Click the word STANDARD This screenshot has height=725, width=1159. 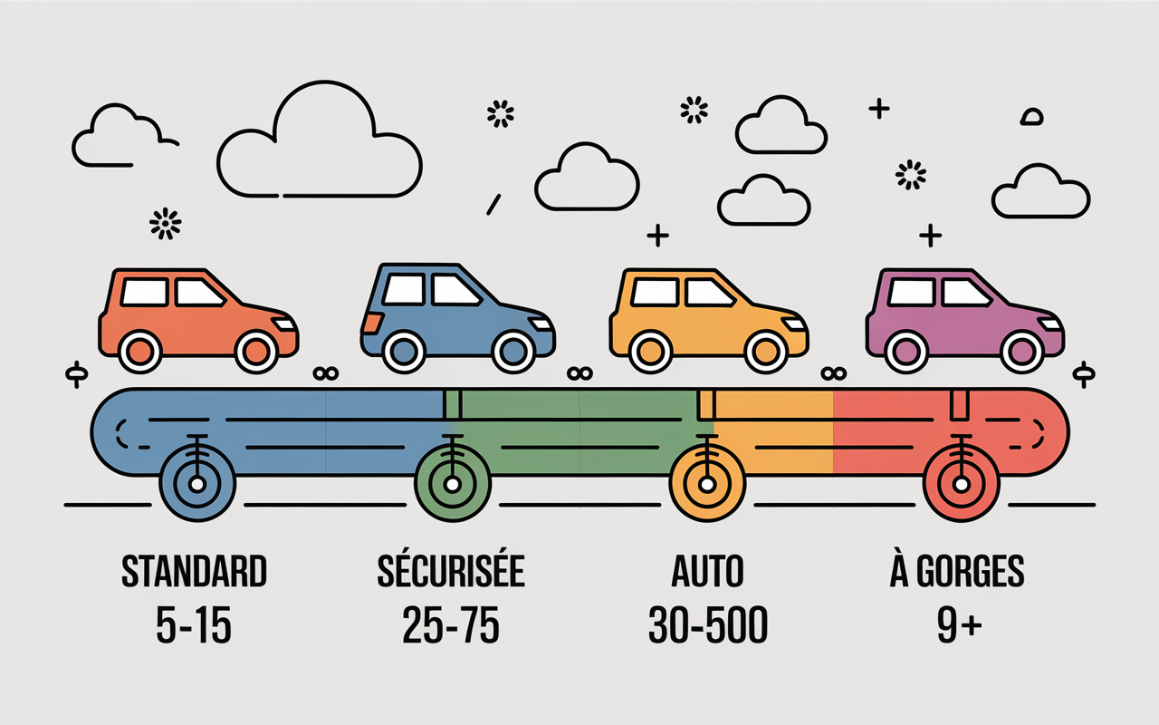click(x=194, y=571)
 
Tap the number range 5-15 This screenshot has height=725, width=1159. click(x=194, y=625)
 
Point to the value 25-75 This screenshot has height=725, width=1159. click(x=451, y=625)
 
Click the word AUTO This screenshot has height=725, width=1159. click(x=707, y=571)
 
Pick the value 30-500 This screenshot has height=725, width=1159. click(x=708, y=625)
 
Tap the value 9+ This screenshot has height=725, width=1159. click(x=959, y=625)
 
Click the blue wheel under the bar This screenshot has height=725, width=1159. click(x=197, y=484)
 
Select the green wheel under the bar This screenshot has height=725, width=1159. click(x=453, y=484)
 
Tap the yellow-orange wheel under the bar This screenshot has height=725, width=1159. click(x=707, y=484)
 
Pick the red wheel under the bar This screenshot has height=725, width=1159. click(x=962, y=484)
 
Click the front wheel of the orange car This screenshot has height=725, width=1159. click(x=256, y=353)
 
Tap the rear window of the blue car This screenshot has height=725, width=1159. click(x=404, y=289)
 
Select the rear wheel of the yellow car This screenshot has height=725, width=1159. click(x=650, y=353)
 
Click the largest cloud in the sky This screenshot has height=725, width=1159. click(x=320, y=140)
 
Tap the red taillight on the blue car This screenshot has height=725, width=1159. click(x=371, y=323)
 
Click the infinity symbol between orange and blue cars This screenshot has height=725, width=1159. click(x=326, y=373)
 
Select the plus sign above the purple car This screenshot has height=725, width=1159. click(x=930, y=236)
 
